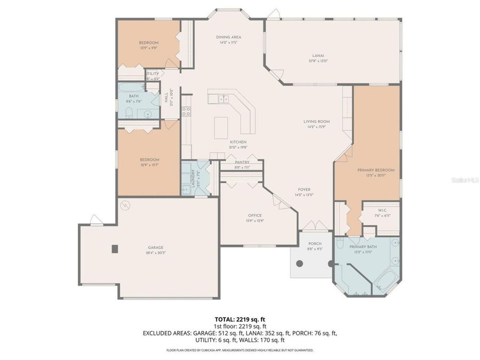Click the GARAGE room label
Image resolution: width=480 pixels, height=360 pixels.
click(156, 247)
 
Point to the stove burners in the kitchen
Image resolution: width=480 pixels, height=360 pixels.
click(186, 111)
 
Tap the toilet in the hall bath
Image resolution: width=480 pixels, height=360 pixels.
click(130, 112)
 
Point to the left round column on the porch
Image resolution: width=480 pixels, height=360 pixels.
click(299, 263)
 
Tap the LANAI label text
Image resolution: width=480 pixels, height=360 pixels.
click(318, 55)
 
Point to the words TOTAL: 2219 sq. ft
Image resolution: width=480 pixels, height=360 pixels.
click(239, 318)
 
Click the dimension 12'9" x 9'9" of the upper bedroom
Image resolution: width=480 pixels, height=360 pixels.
click(149, 48)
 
